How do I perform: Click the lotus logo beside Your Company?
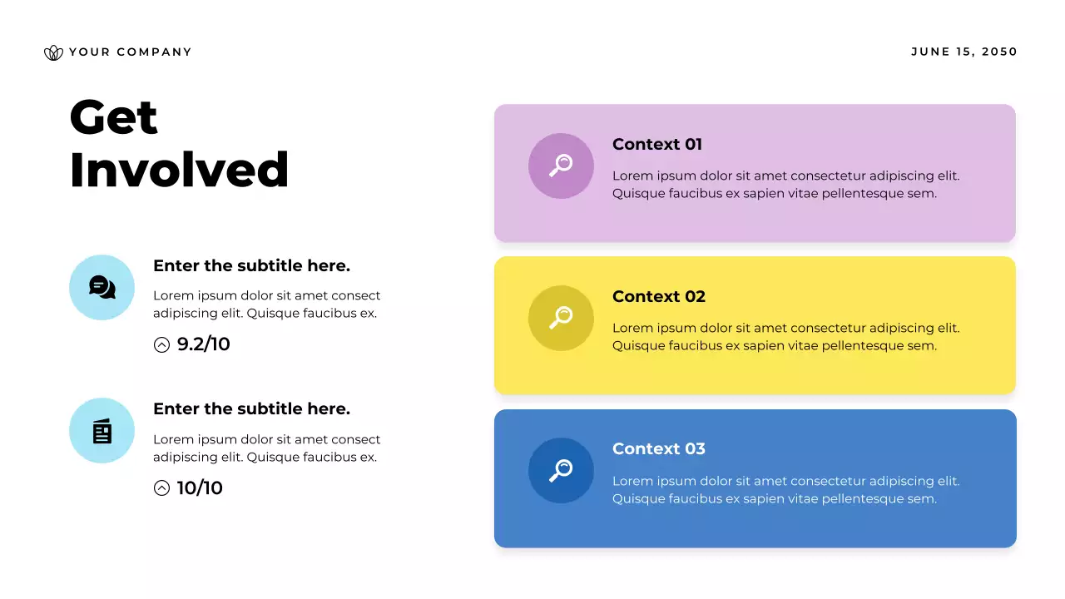tap(53, 52)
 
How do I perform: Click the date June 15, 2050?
tap(964, 52)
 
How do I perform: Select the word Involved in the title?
tap(179, 170)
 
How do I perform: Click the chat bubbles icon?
tap(102, 288)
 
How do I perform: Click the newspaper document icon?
tap(102, 431)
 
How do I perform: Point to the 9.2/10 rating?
tap(203, 344)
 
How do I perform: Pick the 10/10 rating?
tap(200, 488)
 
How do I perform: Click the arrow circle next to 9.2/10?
tap(162, 344)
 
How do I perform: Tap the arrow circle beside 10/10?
tap(162, 488)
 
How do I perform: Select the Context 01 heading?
tap(657, 144)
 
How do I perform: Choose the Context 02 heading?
tap(659, 296)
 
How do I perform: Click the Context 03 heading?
tap(659, 448)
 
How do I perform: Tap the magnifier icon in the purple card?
tap(561, 166)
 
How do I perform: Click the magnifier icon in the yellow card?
tap(561, 318)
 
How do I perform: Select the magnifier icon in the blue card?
tap(561, 470)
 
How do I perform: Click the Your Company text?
tap(130, 52)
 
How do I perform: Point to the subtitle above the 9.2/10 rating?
tap(251, 265)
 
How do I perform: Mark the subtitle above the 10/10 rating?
tap(251, 408)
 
